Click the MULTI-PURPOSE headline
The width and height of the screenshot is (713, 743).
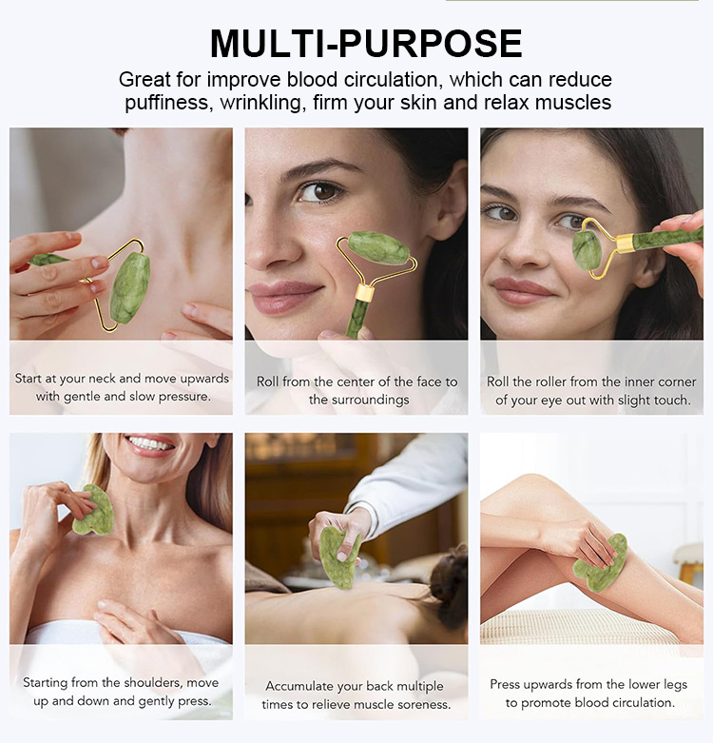pyautogui.click(x=366, y=44)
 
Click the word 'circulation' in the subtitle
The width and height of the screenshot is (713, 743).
pyautogui.click(x=376, y=80)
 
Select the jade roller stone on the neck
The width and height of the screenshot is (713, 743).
pyautogui.click(x=129, y=287)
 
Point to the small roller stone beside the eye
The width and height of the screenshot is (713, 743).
pyautogui.click(x=587, y=250)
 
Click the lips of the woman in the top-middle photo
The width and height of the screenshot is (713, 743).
pyautogui.click(x=284, y=296)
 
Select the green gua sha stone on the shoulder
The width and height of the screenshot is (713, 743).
pyautogui.click(x=94, y=511)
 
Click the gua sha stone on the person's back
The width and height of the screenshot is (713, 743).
pyautogui.click(x=339, y=554)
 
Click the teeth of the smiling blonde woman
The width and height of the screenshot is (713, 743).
pyautogui.click(x=150, y=444)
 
